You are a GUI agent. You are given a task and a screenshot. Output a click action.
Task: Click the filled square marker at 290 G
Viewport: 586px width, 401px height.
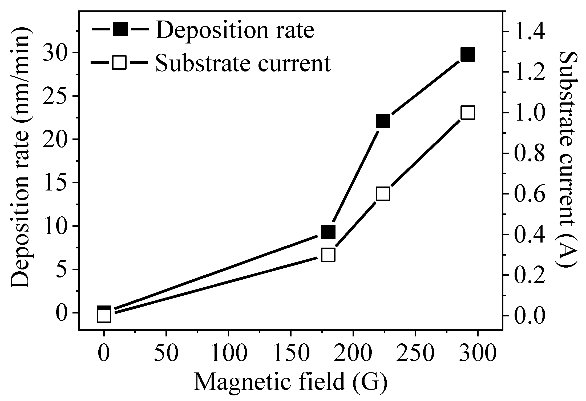coord(468,55)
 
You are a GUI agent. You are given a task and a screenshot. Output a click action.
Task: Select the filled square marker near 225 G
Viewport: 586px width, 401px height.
coord(383,121)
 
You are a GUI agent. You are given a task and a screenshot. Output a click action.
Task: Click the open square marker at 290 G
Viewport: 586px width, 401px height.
coord(468,113)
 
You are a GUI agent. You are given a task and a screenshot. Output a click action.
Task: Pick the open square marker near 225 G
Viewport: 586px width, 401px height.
coord(383,194)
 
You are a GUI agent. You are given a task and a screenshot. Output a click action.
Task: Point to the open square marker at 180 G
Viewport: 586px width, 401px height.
coord(328,255)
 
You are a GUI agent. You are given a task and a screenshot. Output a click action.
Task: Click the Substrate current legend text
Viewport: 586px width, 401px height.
coord(243,63)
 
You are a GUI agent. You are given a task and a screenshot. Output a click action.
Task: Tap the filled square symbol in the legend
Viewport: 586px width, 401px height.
coord(120,29)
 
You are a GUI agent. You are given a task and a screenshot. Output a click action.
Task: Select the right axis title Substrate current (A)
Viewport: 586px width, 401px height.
coord(567,163)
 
